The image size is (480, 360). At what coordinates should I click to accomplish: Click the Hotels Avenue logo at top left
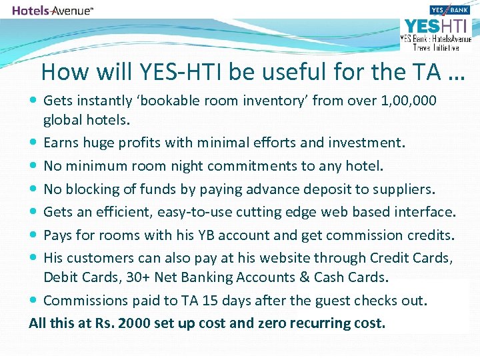[53, 11]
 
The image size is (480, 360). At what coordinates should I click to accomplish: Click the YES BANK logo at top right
[450, 10]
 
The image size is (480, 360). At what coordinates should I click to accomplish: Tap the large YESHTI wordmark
[436, 27]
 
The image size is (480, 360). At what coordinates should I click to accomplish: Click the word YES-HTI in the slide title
[171, 71]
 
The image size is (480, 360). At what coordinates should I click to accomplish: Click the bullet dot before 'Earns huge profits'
[34, 143]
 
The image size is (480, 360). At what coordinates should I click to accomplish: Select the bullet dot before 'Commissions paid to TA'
[34, 301]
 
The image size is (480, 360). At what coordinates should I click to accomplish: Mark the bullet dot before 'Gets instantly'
[34, 101]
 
